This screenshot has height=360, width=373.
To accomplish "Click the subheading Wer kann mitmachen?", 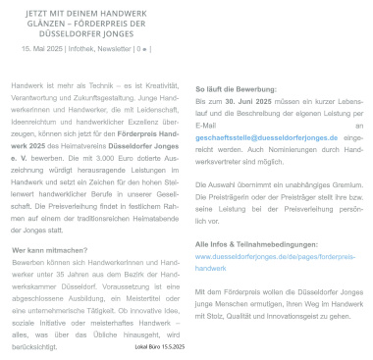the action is tap(54, 252).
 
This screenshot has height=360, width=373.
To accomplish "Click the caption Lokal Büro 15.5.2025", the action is tap(161, 347).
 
